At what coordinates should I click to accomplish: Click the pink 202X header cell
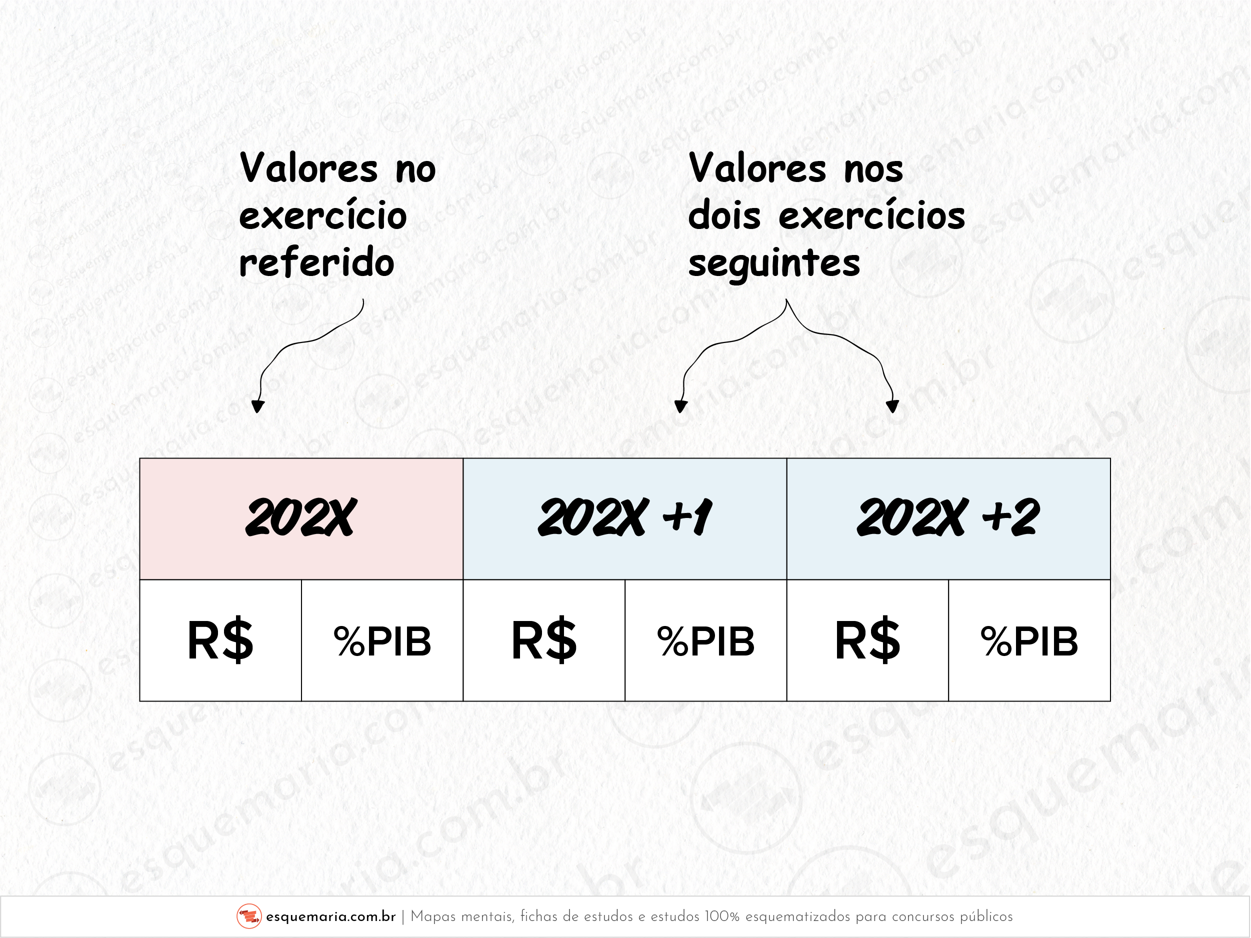point(301,519)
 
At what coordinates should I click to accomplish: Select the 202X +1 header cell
point(625,519)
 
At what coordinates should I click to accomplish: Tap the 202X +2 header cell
point(948,519)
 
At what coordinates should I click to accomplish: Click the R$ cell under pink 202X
point(220,640)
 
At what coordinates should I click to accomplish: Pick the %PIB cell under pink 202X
point(382,640)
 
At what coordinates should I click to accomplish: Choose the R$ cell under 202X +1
point(544,640)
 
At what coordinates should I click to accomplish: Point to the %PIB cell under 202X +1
point(706,640)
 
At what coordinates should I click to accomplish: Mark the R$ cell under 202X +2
point(867,640)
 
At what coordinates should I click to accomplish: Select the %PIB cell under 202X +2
point(1029,640)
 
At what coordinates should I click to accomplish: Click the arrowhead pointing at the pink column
point(258,406)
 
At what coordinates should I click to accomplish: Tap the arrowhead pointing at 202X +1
point(681,406)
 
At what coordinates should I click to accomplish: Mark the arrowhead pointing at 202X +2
point(892,406)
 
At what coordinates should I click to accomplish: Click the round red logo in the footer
point(249,916)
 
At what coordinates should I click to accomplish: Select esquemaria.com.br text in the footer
point(331,916)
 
